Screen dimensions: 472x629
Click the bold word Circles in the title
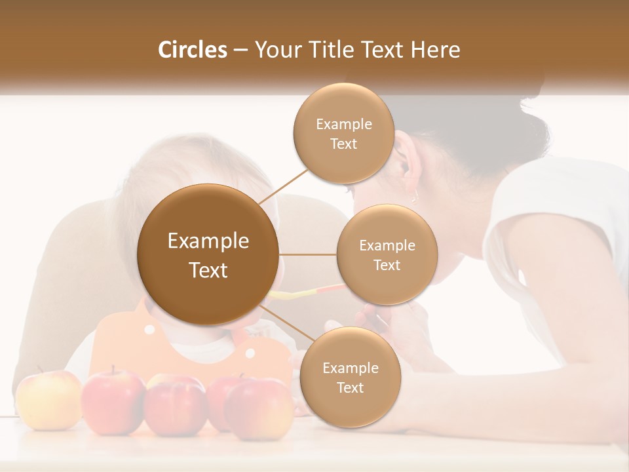(x=192, y=50)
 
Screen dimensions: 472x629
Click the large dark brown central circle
(x=208, y=254)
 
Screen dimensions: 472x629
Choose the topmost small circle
(x=343, y=133)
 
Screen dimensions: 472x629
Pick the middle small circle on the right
(x=387, y=254)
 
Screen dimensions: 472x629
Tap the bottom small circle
(x=350, y=377)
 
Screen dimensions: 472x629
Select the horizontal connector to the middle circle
(x=307, y=254)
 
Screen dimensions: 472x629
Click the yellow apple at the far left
(x=48, y=400)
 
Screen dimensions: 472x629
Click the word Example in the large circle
(x=208, y=241)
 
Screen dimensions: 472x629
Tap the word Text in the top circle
(x=343, y=144)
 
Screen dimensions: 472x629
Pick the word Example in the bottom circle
(x=350, y=368)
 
